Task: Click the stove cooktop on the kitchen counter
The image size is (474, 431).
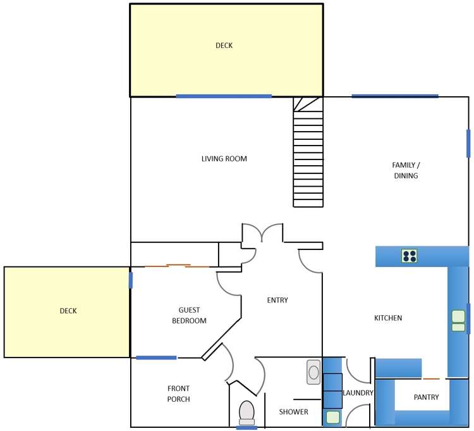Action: click(410, 256)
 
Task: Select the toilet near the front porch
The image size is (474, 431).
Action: click(246, 412)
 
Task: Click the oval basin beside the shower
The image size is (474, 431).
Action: click(313, 372)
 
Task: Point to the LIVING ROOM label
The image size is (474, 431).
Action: click(224, 159)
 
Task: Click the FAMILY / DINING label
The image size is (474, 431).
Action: click(406, 170)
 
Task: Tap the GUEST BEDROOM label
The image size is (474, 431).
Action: click(189, 315)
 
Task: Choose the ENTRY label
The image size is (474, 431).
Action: click(277, 300)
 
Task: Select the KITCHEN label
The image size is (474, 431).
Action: click(388, 318)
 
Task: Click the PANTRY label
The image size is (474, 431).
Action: click(426, 397)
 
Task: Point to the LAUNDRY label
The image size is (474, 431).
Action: click(358, 393)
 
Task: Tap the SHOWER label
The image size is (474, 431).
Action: click(294, 412)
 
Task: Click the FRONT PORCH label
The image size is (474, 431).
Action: click(178, 394)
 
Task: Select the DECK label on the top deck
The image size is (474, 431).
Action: click(224, 45)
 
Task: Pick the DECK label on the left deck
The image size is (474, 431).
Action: click(68, 311)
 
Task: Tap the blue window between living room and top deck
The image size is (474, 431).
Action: click(224, 96)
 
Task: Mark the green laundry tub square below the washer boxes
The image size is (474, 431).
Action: click(332, 416)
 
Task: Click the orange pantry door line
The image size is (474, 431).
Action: click(431, 378)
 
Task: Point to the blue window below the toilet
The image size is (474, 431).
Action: click(246, 428)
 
